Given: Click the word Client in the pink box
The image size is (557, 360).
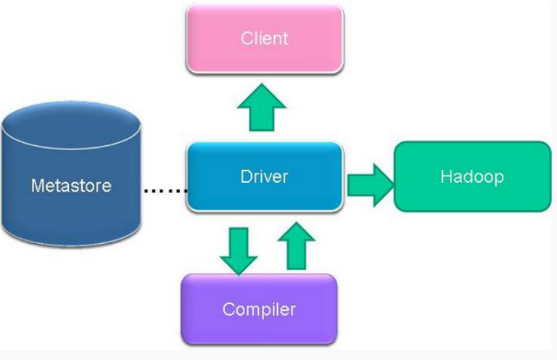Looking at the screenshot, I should [264, 38].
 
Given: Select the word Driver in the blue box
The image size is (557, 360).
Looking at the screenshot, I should [264, 176].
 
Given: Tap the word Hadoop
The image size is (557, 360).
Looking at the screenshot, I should [471, 176].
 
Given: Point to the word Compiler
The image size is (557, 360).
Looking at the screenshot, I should [259, 309].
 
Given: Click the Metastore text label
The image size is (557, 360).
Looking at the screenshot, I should [71, 185].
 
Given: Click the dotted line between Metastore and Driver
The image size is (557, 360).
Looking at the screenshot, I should [165, 191].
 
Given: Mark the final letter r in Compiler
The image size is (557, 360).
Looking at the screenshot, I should [293, 310].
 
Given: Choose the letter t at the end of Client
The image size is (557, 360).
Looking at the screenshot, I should [285, 38].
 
